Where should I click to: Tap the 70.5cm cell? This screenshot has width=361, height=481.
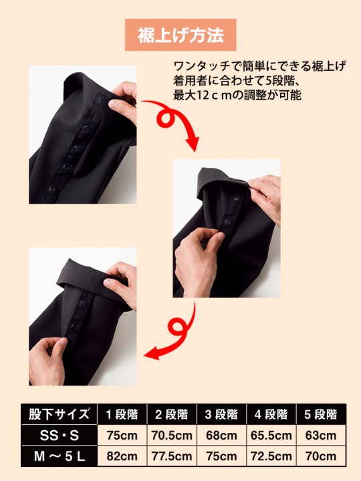172,435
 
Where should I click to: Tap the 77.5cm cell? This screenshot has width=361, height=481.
172,457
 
